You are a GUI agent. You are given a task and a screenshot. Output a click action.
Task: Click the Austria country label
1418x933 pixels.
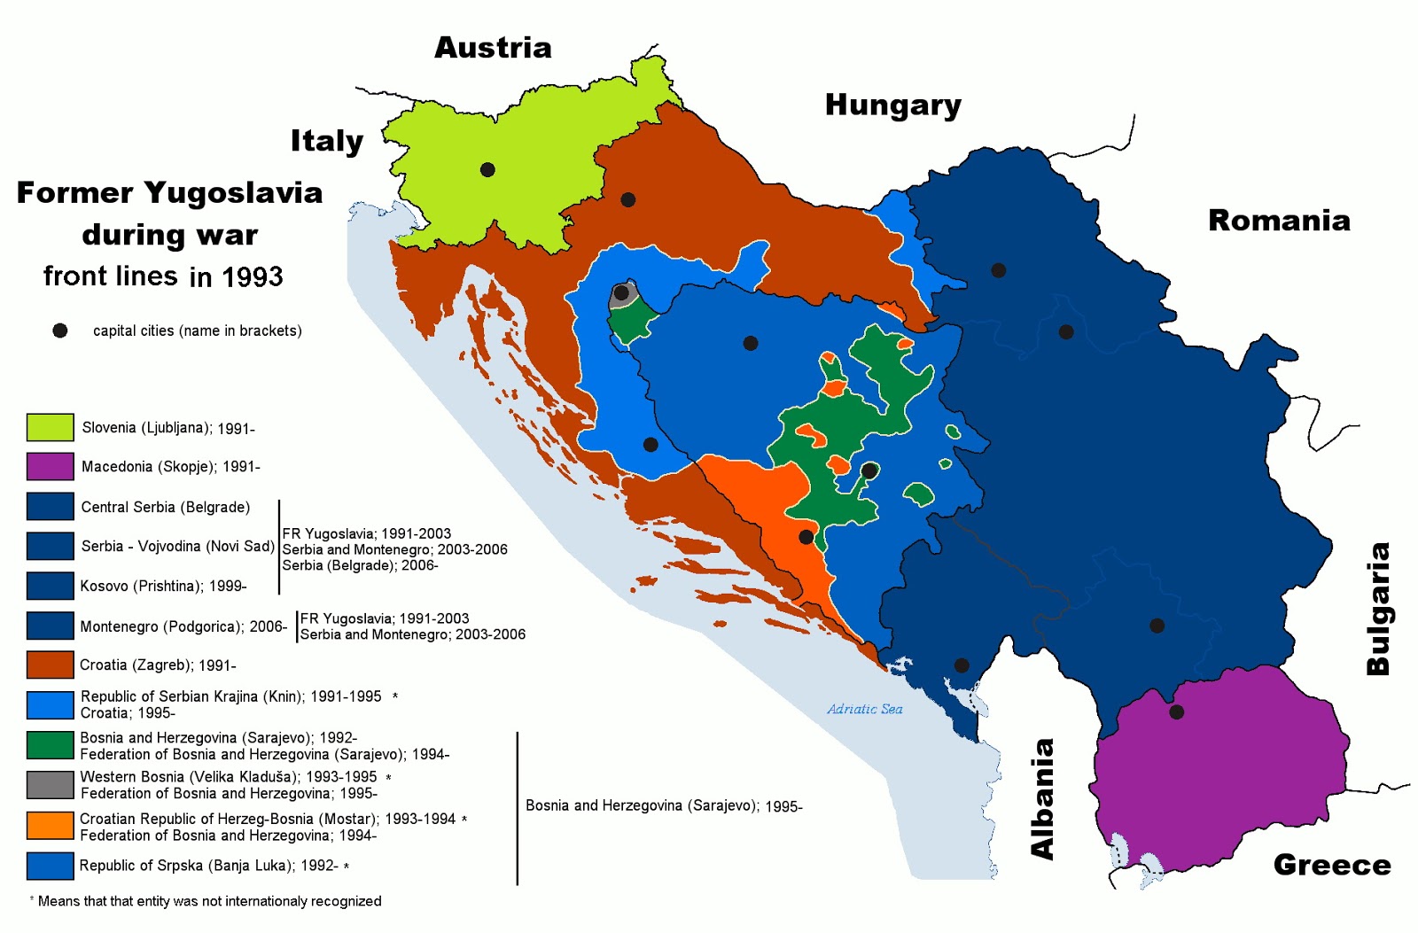493,48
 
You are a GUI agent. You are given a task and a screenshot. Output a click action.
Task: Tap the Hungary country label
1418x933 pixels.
892,105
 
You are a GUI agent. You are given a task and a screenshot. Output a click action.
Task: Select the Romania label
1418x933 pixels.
1279,221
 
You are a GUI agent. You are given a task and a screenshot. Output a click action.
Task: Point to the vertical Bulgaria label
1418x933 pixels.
1378,610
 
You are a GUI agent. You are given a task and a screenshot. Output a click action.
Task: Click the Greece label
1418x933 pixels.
1332,865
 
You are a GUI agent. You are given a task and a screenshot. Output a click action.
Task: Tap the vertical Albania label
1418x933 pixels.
1043,799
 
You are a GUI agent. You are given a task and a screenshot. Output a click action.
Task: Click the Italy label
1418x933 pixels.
327,141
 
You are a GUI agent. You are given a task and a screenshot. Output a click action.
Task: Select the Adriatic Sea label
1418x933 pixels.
864,709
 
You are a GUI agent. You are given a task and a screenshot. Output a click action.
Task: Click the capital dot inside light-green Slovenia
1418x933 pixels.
487,169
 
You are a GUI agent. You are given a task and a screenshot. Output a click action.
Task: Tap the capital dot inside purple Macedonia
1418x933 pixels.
1176,711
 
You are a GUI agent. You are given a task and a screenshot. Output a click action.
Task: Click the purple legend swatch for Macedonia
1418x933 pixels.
50,466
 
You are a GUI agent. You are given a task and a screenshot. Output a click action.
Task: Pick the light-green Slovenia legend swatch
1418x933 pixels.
50,427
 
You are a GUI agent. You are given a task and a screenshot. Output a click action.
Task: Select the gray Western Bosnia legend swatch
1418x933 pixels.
50,785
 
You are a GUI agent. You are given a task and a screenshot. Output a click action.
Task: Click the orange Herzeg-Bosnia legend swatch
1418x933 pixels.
50,826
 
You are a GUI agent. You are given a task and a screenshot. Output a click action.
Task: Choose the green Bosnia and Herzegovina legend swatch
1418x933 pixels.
50,745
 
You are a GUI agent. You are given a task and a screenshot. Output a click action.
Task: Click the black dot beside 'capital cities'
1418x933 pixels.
60,330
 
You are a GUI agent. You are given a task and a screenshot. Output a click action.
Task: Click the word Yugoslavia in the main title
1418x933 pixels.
233,193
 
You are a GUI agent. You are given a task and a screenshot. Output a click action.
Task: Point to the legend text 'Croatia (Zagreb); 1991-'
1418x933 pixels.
158,665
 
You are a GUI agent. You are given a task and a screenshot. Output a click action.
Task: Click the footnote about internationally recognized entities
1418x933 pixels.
209,901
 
